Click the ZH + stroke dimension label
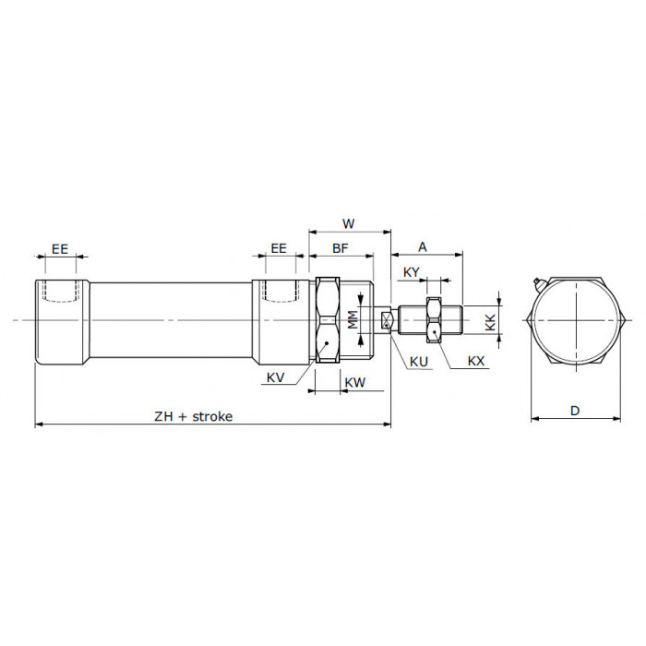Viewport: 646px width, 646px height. click(193, 416)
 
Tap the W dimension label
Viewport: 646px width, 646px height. click(349, 223)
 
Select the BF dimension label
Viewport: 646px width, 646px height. click(341, 248)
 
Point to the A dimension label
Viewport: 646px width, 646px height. click(423, 246)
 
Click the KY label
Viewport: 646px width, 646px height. click(412, 272)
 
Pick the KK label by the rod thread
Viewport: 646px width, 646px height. click(490, 322)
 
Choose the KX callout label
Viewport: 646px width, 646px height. click(476, 362)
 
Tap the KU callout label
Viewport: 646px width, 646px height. click(419, 362)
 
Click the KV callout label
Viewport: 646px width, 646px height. click(275, 377)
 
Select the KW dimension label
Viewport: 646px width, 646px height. click(354, 382)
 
